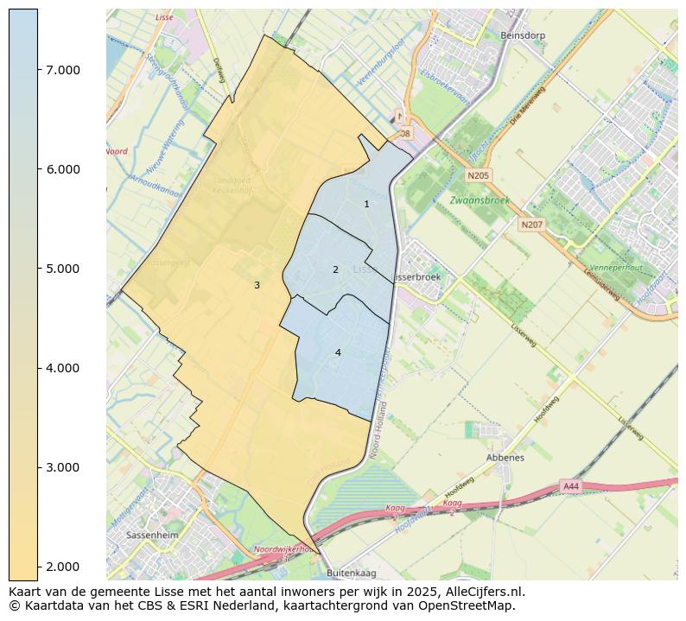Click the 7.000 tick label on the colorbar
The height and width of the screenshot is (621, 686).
63,70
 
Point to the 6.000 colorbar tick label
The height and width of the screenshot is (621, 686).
63,169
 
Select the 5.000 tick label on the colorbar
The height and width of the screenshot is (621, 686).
63,269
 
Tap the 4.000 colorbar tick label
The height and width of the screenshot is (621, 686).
63,368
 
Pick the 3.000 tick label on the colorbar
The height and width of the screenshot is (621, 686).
63,467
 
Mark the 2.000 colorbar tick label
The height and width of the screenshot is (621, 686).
63,567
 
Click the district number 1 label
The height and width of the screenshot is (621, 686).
366,204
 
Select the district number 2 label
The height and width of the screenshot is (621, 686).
335,269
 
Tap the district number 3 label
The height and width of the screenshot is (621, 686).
257,285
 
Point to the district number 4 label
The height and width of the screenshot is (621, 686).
338,352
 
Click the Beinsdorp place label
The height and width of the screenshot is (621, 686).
523,35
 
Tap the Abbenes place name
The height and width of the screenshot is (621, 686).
505,458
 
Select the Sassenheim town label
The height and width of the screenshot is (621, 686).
151,535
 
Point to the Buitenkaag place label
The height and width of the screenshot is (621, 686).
352,573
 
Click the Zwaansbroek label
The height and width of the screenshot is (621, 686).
480,200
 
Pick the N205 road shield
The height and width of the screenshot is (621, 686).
478,175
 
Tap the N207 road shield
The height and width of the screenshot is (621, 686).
531,225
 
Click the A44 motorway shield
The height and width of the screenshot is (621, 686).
571,486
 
